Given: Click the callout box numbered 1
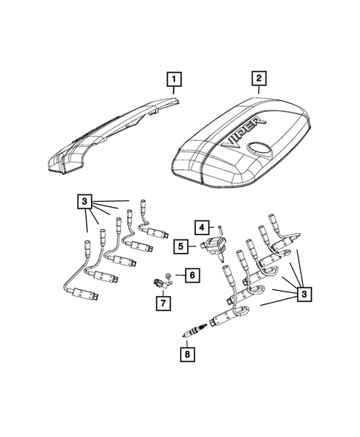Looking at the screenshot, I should pos(172,79).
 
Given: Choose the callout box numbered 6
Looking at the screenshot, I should pos(192,275).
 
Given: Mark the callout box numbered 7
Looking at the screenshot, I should pos(162,302).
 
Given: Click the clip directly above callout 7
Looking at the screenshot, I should pos(158,283).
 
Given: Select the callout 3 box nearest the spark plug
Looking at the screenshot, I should pos(304,295).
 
